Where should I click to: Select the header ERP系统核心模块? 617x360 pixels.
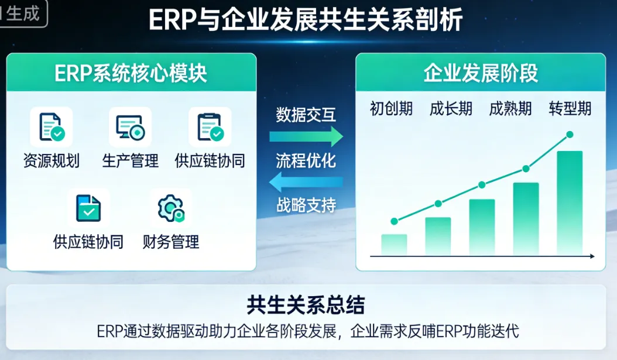pyautogui.click(x=131, y=74)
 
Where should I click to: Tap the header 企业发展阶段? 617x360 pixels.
pyautogui.click(x=480, y=74)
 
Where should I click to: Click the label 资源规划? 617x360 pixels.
pyautogui.click(x=52, y=161)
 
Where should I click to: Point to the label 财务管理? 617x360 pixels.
pyautogui.click(x=171, y=241)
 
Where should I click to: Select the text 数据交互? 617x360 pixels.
pyautogui.click(x=306, y=115)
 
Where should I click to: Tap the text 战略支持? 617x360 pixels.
pyautogui.click(x=306, y=205)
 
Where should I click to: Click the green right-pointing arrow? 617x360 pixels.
pyautogui.click(x=306, y=137)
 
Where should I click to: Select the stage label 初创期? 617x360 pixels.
pyautogui.click(x=391, y=109)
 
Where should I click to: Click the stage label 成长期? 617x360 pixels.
pyautogui.click(x=451, y=109)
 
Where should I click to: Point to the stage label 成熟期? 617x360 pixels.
pyautogui.click(x=510, y=109)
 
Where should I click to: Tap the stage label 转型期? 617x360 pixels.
pyautogui.click(x=570, y=109)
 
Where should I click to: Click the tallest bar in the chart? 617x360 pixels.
pyautogui.click(x=570, y=203)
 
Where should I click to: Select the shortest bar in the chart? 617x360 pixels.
pyautogui.click(x=394, y=245)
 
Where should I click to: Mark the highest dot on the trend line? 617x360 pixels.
pyautogui.click(x=570, y=135)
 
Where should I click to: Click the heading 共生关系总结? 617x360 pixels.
pyautogui.click(x=306, y=305)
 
